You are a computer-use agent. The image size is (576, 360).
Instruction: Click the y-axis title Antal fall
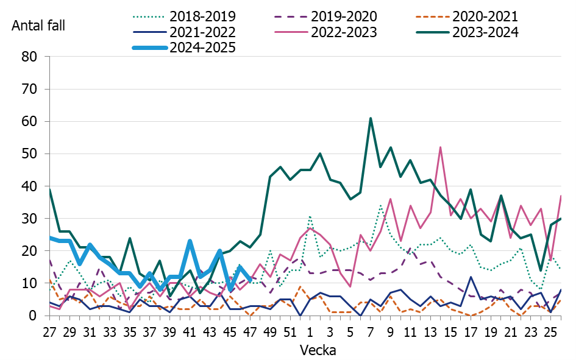[38, 26]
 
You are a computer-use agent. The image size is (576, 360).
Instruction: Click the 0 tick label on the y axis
[35, 316]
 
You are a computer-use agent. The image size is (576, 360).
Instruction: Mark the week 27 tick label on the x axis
[50, 333]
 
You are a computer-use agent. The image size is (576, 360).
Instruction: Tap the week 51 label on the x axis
[290, 333]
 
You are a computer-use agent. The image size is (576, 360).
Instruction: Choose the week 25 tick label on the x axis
[550, 333]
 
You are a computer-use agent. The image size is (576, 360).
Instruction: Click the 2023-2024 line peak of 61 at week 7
[370, 118]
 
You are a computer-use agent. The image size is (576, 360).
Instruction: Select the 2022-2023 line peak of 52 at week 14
[440, 147]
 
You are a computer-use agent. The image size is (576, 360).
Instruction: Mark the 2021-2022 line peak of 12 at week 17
[470, 277]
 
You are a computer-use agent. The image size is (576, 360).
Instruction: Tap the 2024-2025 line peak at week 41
[190, 241]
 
